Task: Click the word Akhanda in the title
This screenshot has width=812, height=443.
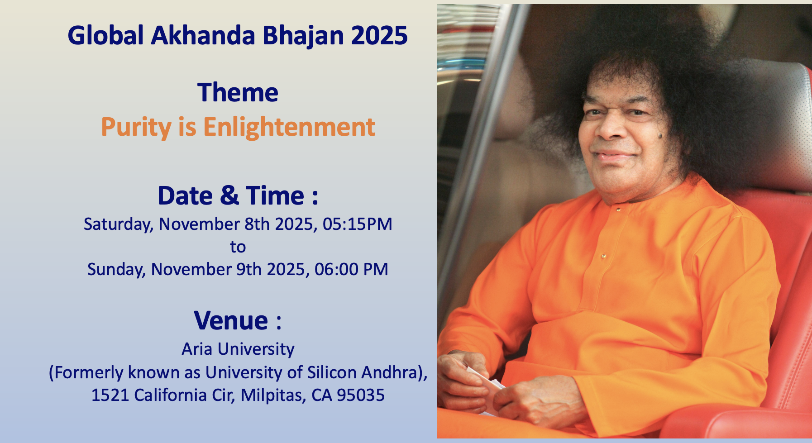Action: coord(203,35)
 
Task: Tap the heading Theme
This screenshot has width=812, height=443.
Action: coord(238,92)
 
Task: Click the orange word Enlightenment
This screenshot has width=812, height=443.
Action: coord(289,127)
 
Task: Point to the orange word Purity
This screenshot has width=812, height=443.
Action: coord(136,128)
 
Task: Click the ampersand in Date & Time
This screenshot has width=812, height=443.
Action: coord(229,195)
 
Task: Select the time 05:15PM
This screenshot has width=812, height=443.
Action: coord(357,224)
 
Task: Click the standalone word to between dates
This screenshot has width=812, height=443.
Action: coord(238,247)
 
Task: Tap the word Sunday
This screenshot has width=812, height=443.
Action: coord(116,270)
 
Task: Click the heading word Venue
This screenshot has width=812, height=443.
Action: coord(231,320)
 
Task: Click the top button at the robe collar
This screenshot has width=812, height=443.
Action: coord(618,210)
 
